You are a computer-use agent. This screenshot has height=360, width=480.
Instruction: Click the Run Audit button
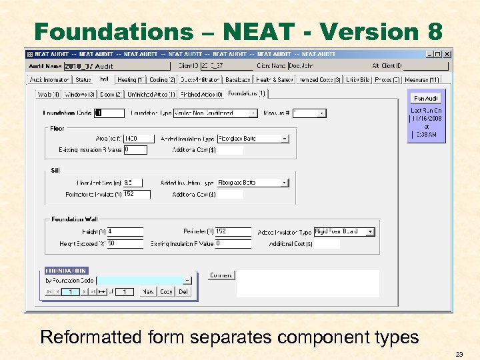[x=426, y=98]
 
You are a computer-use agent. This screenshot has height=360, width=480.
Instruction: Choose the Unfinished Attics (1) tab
[x=150, y=95]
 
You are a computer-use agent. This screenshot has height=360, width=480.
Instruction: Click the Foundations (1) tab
[x=247, y=94]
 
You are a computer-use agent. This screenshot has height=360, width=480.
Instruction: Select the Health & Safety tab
[x=275, y=80]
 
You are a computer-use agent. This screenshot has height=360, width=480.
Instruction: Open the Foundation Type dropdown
[x=253, y=113]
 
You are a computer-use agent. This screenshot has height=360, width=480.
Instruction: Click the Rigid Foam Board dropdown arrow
[x=371, y=232]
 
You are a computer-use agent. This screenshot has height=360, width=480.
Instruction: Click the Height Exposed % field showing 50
[x=125, y=244]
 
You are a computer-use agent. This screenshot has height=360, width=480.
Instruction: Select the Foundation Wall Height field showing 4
[x=125, y=232]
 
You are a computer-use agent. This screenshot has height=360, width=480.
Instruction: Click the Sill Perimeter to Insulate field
[x=137, y=195]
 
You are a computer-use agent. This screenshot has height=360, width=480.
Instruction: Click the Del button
[x=183, y=291]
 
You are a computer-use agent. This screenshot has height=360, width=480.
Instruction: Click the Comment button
[x=221, y=275]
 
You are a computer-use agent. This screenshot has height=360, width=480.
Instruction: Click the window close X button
[x=447, y=53]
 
